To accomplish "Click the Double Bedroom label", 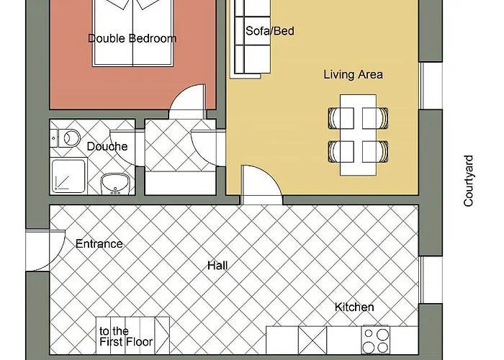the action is pyautogui.click(x=132, y=39).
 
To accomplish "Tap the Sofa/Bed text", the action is pyautogui.click(x=270, y=31).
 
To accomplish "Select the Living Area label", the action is pyautogui.click(x=353, y=75).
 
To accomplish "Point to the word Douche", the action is pyautogui.click(x=107, y=147).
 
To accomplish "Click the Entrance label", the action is pyautogui.click(x=99, y=243).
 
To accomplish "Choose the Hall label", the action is pyautogui.click(x=217, y=266).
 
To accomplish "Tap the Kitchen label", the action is pyautogui.click(x=354, y=307).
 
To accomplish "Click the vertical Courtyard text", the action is pyautogui.click(x=468, y=181).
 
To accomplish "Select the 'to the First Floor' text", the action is pyautogui.click(x=126, y=336).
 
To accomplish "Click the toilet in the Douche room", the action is pyautogui.click(x=66, y=138).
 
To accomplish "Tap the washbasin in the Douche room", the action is pyautogui.click(x=115, y=184).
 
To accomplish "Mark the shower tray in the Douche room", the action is pyautogui.click(x=69, y=176).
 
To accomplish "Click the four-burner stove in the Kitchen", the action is pyautogui.click(x=376, y=340).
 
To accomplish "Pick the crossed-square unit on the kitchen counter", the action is pyautogui.click(x=312, y=340).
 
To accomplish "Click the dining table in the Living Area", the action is pyautogui.click(x=358, y=135).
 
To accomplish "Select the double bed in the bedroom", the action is pyautogui.click(x=133, y=33).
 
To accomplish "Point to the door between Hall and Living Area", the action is pyautogui.click(x=261, y=185).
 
